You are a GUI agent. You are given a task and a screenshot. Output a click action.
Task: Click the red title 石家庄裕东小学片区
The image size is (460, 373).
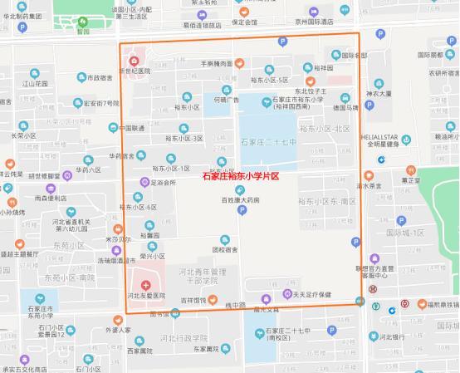240,177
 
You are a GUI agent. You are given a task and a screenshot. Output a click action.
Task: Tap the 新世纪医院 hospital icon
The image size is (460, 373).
135,61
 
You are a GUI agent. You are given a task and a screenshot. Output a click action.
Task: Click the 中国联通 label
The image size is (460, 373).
133,128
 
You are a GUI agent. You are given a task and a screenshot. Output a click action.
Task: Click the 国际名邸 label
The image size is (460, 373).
350,55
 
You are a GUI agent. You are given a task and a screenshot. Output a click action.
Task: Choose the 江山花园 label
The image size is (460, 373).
37,84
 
